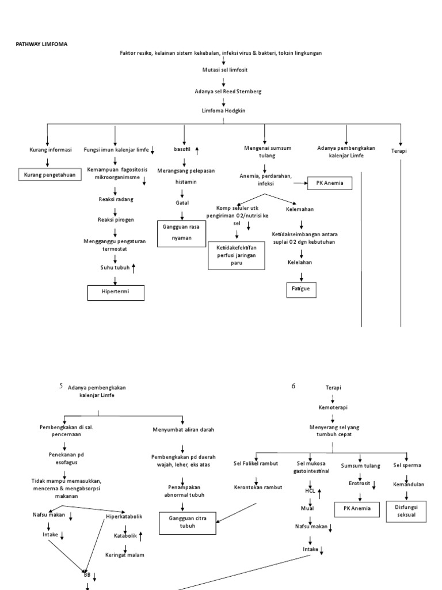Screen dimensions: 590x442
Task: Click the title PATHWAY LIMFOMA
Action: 41,43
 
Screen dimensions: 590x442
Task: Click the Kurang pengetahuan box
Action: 49,175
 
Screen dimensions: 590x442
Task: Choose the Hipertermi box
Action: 116,293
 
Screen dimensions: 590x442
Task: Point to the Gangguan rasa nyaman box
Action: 182,232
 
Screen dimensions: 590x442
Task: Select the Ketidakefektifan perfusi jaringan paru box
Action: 236,255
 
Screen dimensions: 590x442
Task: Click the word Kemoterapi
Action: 333,407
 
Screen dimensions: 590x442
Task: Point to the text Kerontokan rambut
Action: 258,487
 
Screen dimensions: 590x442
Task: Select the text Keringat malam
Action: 124,555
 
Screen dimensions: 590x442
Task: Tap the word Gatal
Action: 182,203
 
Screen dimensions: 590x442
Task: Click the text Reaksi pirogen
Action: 115,220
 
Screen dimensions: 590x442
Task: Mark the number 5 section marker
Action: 61,386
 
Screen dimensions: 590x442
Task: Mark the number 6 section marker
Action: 293,386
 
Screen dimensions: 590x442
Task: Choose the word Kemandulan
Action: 409,485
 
